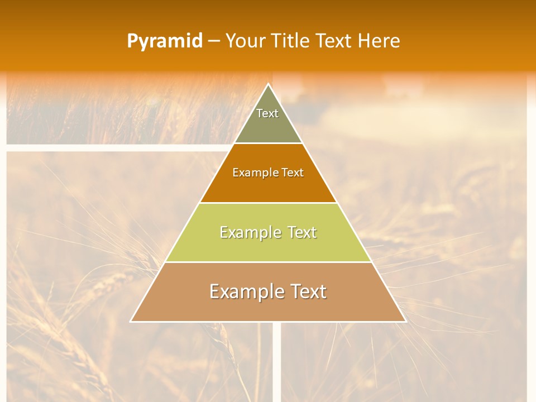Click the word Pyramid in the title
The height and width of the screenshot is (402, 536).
pyautogui.click(x=165, y=41)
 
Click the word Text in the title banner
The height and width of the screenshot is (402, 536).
pyautogui.click(x=334, y=41)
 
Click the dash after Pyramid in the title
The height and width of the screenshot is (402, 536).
pyautogui.click(x=214, y=41)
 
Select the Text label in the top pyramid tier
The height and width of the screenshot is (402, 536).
pyautogui.click(x=267, y=113)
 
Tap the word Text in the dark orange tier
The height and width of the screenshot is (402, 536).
pyautogui.click(x=293, y=173)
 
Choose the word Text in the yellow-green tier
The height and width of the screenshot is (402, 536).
pyautogui.click(x=303, y=232)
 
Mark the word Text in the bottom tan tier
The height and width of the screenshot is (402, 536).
pyautogui.click(x=307, y=291)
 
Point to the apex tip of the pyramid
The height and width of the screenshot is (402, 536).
pyautogui.click(x=268, y=84)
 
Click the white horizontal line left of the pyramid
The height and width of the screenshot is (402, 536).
pyautogui.click(x=112, y=148)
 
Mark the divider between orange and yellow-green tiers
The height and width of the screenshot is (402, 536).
pyautogui.click(x=268, y=203)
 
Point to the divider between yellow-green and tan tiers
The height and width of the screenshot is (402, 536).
pyautogui.click(x=268, y=262)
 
